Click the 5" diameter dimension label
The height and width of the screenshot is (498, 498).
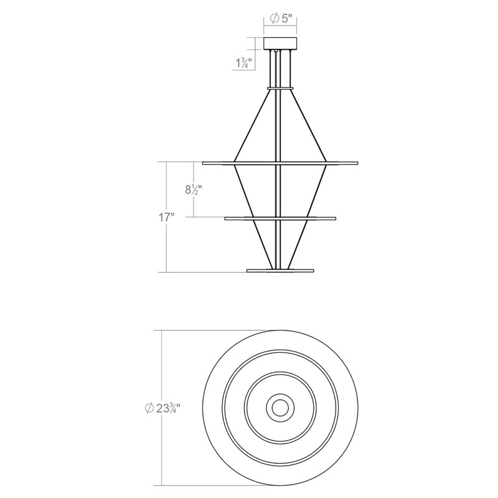[281, 19]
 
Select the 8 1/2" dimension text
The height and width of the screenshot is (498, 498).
[194, 190]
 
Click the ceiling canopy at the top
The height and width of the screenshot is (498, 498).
[280, 44]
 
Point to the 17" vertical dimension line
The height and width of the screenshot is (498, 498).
[166, 249]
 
